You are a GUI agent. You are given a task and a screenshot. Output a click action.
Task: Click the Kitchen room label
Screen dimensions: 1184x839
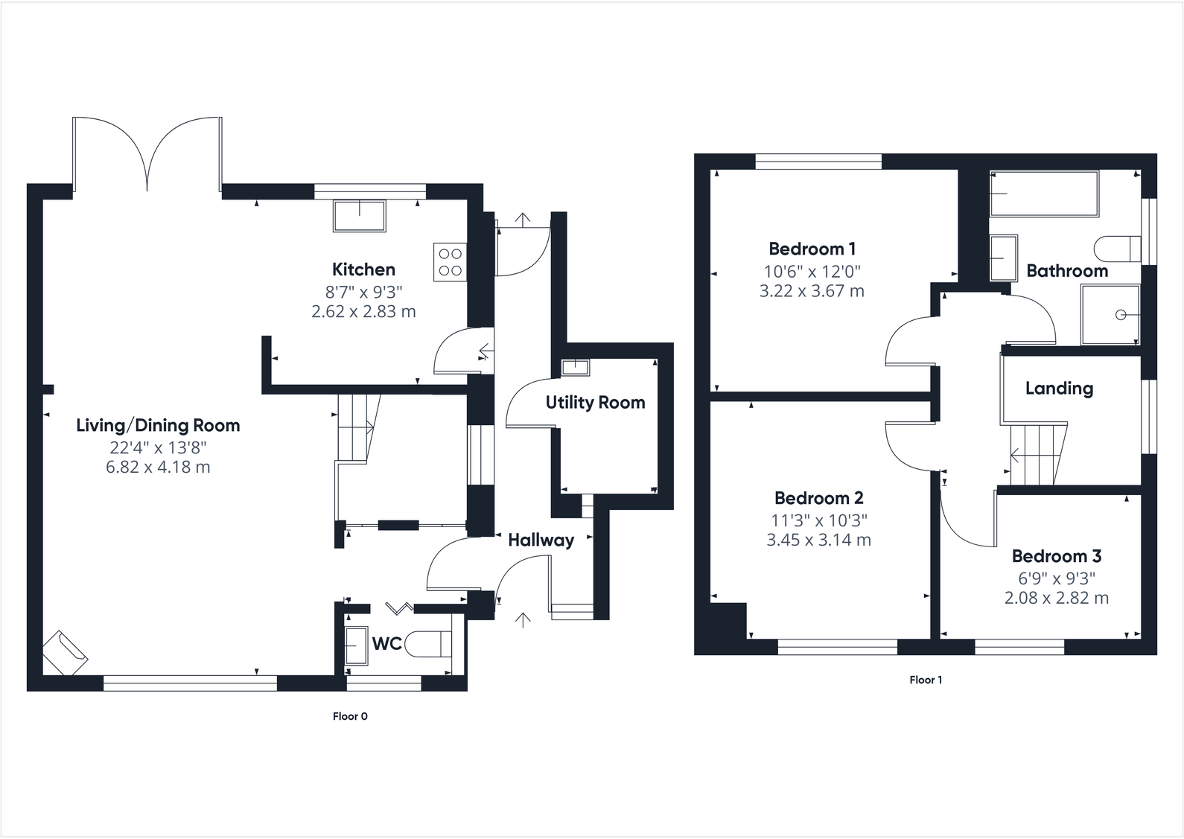(x=363, y=269)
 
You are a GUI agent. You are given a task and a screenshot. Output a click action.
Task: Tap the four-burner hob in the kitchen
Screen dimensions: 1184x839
(x=450, y=262)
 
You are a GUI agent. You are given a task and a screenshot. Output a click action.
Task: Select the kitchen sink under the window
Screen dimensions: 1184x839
(x=360, y=216)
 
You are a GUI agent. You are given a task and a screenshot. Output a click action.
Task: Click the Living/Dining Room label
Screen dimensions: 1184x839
(x=158, y=426)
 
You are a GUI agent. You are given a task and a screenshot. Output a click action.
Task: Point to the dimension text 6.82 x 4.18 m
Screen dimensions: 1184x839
(x=158, y=468)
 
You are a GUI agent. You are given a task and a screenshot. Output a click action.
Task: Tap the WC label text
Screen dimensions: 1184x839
(x=386, y=644)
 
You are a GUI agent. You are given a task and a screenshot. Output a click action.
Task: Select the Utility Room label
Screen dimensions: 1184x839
(x=595, y=403)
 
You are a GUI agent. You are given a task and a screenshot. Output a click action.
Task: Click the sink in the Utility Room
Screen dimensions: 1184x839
(x=574, y=367)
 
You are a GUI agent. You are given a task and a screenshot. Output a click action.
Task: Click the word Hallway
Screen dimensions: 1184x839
(x=541, y=540)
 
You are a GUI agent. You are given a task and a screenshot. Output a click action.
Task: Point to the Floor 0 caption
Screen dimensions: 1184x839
(x=350, y=717)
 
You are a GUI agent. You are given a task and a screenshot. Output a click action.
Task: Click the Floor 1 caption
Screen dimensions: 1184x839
(x=926, y=680)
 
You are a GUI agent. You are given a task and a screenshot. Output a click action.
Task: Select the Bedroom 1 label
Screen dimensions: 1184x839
(x=812, y=249)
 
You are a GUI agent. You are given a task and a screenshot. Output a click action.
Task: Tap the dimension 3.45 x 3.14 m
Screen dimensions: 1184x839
(x=818, y=540)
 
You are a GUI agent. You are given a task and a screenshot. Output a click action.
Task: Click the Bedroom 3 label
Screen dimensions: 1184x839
(x=1056, y=556)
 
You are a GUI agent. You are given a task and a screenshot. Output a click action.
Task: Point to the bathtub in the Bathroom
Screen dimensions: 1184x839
(x=1044, y=194)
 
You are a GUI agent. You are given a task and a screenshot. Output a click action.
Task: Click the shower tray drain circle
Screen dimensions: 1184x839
(x=1121, y=315)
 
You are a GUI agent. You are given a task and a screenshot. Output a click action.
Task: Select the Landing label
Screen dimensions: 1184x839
(x=1059, y=388)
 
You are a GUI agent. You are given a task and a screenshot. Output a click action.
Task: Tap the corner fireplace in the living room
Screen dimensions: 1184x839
(x=65, y=653)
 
